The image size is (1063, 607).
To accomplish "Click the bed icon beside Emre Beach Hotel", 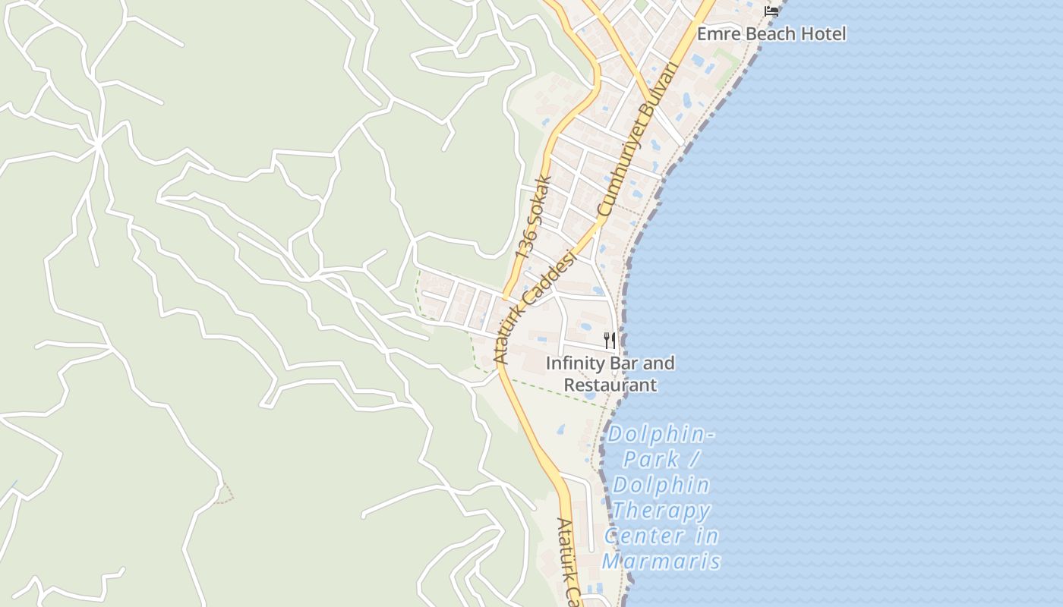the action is click(x=771, y=11).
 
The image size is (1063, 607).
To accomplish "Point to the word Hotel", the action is click(x=825, y=34).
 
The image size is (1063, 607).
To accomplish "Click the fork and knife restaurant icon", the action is click(x=609, y=340).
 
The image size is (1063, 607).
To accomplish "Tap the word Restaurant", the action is click(x=610, y=385).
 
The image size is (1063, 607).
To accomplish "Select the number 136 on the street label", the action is click(x=525, y=244).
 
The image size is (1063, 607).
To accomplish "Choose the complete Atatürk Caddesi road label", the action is click(x=535, y=307).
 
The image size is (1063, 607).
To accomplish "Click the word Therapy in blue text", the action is click(x=661, y=511).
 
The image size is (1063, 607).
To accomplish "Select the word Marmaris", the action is click(x=661, y=562).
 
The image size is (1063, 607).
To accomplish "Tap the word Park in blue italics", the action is click(x=651, y=459).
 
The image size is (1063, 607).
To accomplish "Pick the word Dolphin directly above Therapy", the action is click(x=661, y=485).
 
